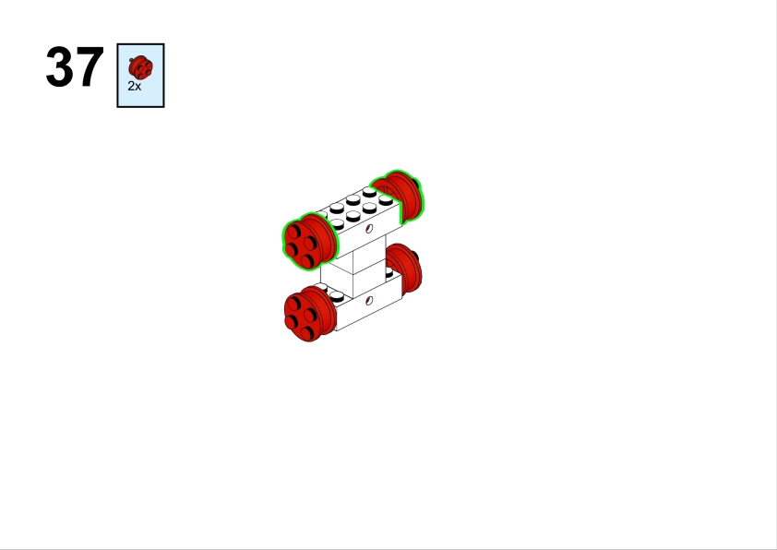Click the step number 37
coord(75,66)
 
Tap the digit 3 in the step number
coord(59,66)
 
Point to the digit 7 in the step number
coord(90,66)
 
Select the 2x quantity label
coord(135,86)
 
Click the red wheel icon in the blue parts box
coord(141,67)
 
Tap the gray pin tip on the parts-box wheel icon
coord(131,60)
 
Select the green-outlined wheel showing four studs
coord(310,242)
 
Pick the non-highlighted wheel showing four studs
coord(309,313)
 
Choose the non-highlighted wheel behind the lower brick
coord(405,268)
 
